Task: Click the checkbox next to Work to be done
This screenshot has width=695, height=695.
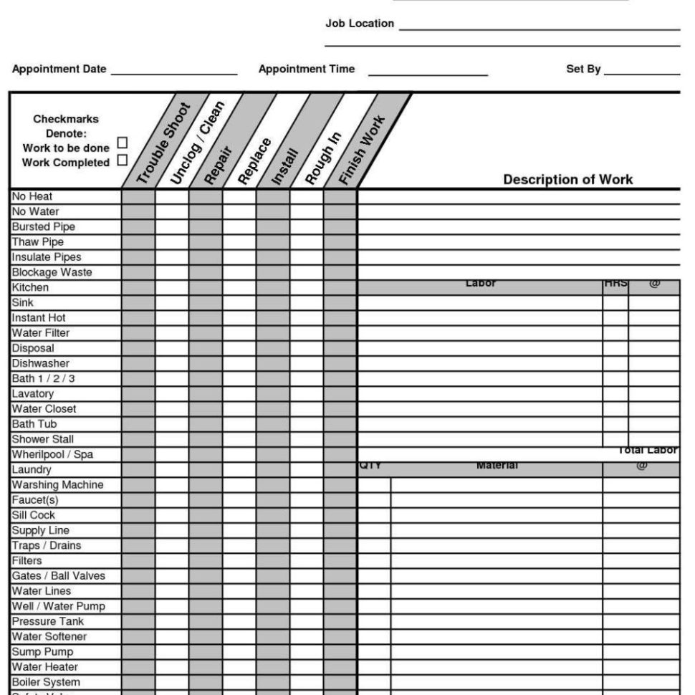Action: point(122,143)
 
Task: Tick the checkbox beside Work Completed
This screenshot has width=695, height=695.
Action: point(122,160)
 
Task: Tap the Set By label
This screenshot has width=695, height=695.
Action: point(583,69)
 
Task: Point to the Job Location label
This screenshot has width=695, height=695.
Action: point(360,24)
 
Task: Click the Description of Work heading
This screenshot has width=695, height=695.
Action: point(567,179)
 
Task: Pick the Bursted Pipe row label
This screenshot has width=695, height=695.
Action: point(43,227)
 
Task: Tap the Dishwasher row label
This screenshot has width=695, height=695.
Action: point(40,363)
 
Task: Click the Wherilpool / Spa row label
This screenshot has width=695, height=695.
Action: point(52,454)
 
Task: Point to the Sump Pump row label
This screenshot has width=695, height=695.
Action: point(42,652)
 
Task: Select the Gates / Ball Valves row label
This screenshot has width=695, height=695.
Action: point(58,576)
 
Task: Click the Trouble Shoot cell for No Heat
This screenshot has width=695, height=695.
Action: point(138,196)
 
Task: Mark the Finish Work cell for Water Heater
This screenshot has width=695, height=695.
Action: point(340,667)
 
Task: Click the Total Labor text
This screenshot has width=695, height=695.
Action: point(647,451)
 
